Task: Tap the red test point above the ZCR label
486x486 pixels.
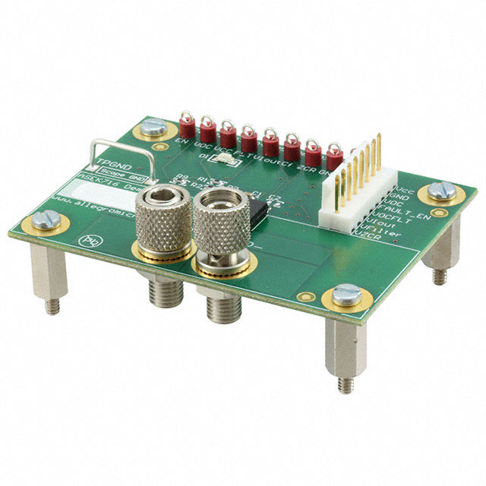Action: point(313,147)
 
